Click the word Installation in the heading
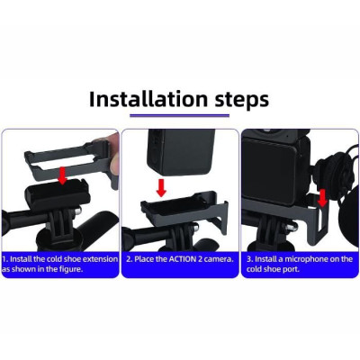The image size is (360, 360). (148, 99)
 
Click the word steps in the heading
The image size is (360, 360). (242, 101)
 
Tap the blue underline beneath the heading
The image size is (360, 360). (179, 115)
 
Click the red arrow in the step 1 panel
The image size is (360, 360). (62, 175)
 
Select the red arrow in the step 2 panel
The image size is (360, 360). (161, 188)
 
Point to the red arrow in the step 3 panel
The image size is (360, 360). (322, 198)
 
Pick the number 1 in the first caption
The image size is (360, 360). (4, 259)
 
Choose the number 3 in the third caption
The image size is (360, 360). (250, 259)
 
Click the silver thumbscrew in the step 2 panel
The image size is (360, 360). (196, 228)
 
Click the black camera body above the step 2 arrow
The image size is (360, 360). (181, 152)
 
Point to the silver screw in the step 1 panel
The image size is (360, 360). (77, 211)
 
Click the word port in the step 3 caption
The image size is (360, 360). (292, 269)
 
